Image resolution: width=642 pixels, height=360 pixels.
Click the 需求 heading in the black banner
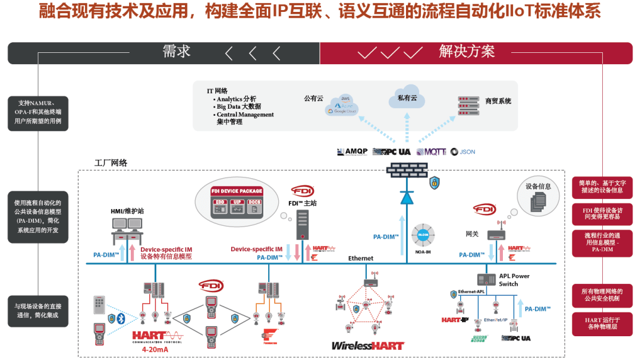(x=177, y=52)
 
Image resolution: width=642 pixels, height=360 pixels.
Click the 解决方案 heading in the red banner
(x=467, y=52)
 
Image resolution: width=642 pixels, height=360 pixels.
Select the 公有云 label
(x=313, y=99)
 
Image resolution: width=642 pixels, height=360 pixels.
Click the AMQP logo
(x=353, y=152)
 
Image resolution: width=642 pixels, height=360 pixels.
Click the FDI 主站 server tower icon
(x=303, y=225)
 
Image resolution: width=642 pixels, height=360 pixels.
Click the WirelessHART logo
(x=367, y=346)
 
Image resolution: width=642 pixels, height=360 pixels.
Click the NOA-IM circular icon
(x=423, y=235)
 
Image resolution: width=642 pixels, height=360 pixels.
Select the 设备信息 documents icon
(x=538, y=201)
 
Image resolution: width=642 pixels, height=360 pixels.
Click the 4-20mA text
(x=156, y=350)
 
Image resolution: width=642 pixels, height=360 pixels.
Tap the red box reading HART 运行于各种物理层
(x=602, y=323)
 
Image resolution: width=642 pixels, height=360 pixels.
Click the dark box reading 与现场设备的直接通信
(x=37, y=311)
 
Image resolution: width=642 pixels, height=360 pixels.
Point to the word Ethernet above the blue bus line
(x=361, y=258)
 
